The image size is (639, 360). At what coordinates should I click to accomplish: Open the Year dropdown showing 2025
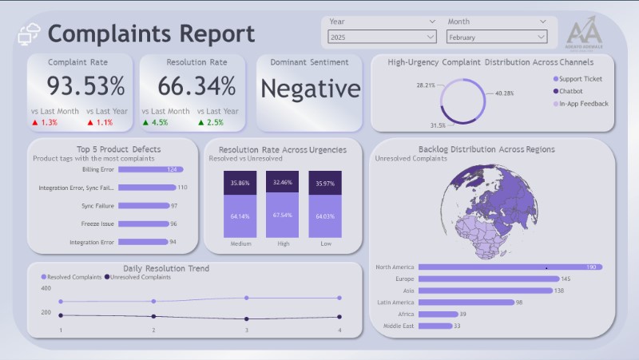(x=382, y=37)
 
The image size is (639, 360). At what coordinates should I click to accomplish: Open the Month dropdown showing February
(x=497, y=37)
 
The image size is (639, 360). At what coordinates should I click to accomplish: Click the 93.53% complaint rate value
(x=85, y=85)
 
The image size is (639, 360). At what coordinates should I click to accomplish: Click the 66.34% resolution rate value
(x=196, y=85)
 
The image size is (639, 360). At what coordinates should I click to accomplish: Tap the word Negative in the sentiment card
(x=310, y=89)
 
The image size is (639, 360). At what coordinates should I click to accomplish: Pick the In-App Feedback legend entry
(x=583, y=103)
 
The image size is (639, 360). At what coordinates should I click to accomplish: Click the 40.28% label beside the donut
(x=504, y=93)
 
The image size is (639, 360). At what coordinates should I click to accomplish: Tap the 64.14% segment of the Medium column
(x=239, y=216)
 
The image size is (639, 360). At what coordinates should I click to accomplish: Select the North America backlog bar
(x=510, y=267)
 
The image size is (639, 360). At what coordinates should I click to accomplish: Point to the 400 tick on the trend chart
(x=45, y=288)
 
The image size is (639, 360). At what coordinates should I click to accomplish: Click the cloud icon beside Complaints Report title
(x=29, y=34)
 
